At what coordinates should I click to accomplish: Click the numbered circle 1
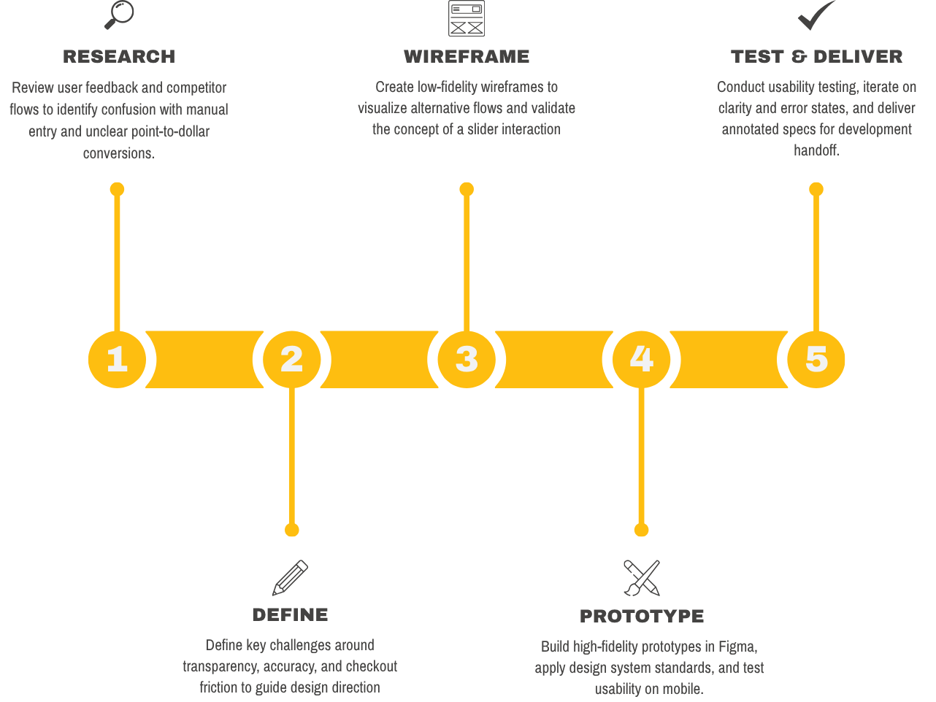tap(117, 359)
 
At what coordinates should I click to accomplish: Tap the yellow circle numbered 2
tap(292, 359)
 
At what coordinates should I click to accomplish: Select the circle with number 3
tap(467, 359)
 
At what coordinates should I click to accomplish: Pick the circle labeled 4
tap(641, 359)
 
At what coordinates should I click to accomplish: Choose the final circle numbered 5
tap(816, 359)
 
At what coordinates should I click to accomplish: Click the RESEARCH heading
tap(119, 57)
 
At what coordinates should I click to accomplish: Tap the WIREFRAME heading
tap(467, 57)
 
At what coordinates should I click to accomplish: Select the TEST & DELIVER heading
tap(816, 57)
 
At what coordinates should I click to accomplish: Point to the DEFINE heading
tap(290, 615)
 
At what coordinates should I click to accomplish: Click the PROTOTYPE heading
tap(642, 617)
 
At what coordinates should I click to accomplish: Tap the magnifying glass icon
tap(119, 15)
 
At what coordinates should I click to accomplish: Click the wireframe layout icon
tap(467, 18)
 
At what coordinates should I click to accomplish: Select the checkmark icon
tap(816, 15)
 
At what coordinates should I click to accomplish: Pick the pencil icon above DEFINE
tap(290, 578)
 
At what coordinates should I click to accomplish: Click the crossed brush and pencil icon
tap(642, 578)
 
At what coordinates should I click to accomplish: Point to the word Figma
tap(737, 647)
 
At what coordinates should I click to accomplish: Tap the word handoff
tap(816, 150)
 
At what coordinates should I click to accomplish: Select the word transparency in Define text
tap(220, 667)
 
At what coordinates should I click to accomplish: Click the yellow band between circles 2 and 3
tap(379, 359)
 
